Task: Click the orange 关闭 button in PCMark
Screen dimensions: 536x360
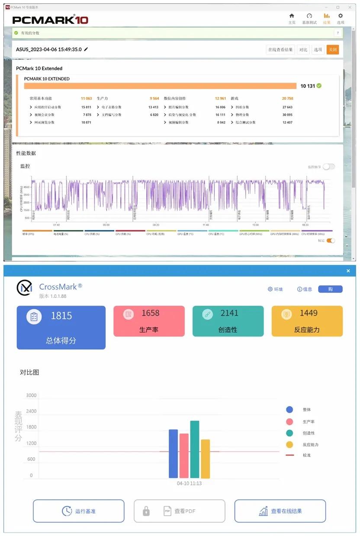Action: (332, 50)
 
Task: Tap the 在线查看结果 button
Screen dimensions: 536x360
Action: (280, 50)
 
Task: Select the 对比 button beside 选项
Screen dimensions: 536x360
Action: (303, 50)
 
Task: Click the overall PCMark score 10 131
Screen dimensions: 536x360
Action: (308, 86)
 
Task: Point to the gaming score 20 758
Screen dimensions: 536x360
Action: (287, 99)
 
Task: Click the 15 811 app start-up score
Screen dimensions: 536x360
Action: (86, 107)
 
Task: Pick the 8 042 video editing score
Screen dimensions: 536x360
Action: (221, 123)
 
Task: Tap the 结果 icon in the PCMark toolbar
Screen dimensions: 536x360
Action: (327, 19)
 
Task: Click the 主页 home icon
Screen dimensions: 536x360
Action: (292, 19)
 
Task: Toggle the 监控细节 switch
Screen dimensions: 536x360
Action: (329, 167)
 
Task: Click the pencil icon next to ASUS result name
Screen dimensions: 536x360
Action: (86, 49)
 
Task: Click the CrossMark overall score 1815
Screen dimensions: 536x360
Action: (61, 316)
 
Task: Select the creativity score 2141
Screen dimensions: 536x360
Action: (229, 313)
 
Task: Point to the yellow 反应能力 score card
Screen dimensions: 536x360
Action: (307, 321)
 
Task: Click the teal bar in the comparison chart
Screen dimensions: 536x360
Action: (195, 449)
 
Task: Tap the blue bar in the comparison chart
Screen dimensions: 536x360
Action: (173, 453)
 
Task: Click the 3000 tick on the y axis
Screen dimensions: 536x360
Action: (32, 395)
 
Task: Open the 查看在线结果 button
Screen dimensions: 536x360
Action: (280, 511)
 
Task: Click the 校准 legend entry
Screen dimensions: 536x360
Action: (306, 455)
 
